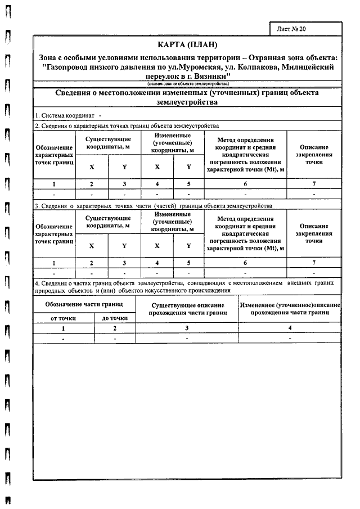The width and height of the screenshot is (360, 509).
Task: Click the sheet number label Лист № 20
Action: pyautogui.click(x=291, y=28)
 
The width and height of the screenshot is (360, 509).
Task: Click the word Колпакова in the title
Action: pyautogui.click(x=243, y=67)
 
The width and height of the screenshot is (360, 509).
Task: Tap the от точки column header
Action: pyautogui.click(x=63, y=318)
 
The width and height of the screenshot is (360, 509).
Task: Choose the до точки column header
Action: pyautogui.click(x=114, y=318)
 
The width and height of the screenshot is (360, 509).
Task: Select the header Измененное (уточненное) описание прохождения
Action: pyautogui.click(x=290, y=308)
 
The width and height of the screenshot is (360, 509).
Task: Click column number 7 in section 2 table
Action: pyautogui.click(x=314, y=184)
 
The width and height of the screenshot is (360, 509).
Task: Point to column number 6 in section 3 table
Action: pyautogui.click(x=245, y=263)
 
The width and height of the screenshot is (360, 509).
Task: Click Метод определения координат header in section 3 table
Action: pyautogui.click(x=245, y=233)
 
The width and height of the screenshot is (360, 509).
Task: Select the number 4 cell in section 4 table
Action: pyautogui.click(x=290, y=327)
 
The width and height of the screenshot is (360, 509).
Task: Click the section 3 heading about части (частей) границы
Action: pyautogui.click(x=153, y=205)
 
